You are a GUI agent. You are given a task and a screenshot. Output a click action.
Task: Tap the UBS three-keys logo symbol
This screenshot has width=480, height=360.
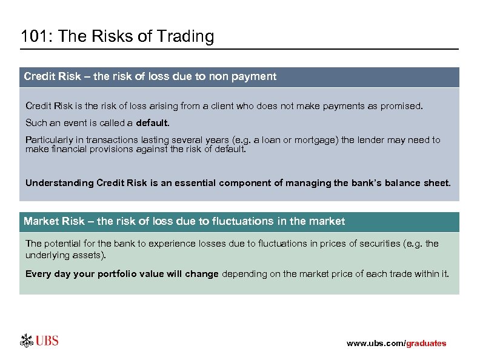click(27, 340)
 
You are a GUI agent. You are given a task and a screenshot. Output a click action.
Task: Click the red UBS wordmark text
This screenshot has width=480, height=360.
click(47, 341)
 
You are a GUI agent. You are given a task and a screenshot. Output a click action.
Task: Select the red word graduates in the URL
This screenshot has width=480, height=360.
click(426, 344)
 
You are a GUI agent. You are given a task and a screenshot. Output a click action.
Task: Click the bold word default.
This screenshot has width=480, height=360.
click(153, 123)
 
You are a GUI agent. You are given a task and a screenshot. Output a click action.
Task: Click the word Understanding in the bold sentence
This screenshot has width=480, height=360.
click(59, 182)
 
